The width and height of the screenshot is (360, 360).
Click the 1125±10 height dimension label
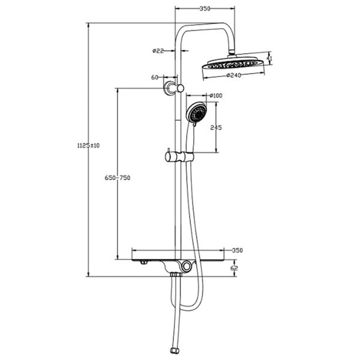point(88,145)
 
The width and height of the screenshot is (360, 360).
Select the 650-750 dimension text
point(118,178)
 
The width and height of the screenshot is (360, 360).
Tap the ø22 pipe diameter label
point(158,51)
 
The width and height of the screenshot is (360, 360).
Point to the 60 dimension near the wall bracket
point(155,77)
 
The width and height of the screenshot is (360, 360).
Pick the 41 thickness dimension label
point(269,59)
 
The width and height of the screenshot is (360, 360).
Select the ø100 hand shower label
point(216,95)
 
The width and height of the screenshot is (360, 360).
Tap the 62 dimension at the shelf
point(234,268)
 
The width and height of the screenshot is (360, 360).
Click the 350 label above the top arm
point(205,9)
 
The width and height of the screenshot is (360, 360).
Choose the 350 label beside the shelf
point(237,250)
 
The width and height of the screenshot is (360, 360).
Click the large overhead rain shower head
point(232,67)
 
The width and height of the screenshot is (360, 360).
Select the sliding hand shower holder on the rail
point(178,157)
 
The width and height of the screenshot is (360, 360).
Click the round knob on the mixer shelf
point(190,266)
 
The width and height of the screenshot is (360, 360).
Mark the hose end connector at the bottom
point(175,347)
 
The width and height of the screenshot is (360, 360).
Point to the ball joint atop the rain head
point(232,55)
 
